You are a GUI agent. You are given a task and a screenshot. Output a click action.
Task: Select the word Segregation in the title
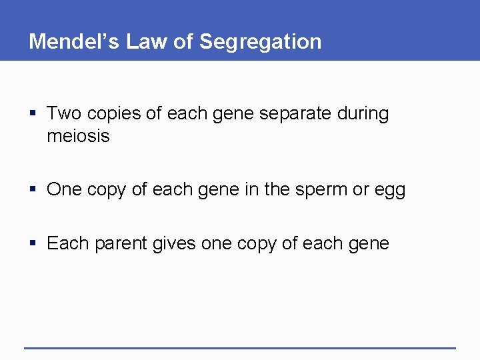(261, 41)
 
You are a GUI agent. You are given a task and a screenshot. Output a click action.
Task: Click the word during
(364, 113)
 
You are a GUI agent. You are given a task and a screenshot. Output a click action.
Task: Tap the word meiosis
(78, 137)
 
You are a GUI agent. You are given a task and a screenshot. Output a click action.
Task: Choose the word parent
(121, 244)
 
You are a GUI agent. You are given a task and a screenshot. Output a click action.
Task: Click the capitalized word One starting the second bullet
(64, 189)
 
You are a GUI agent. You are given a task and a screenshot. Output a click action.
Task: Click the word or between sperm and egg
(361, 190)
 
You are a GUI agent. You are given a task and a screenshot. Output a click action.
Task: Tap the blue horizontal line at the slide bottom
(240, 348)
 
